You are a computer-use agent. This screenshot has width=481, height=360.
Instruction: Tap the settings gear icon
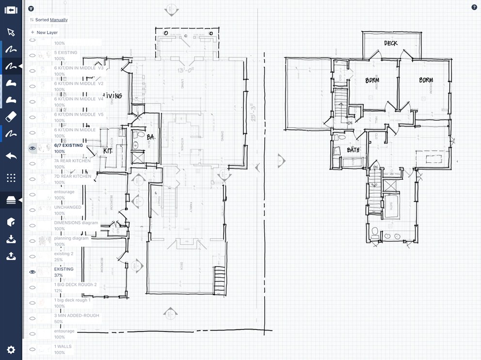coord(11,349)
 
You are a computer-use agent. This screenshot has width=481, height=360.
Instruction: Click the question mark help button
coord(474,8)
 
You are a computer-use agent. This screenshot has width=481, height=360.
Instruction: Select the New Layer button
coord(45,32)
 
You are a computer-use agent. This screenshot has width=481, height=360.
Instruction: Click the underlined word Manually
coord(59,20)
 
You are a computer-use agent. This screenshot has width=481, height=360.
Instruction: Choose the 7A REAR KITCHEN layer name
coord(72,160)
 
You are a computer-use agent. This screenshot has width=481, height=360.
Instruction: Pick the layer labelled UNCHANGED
coord(67,207)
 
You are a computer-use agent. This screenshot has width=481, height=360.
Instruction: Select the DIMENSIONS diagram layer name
coord(76,223)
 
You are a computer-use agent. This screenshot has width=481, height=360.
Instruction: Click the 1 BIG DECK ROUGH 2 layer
coord(75,284)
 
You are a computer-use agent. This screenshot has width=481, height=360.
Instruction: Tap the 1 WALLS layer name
coord(63,346)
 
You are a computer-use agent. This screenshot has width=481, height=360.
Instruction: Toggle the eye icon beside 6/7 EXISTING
coord(32,148)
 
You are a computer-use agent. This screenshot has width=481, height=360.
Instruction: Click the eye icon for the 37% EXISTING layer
coord(32,272)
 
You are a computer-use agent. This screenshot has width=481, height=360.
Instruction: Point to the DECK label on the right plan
coord(391,43)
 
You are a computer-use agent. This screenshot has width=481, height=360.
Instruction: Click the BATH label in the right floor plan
coord(353,150)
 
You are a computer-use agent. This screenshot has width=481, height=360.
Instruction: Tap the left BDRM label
coord(372,80)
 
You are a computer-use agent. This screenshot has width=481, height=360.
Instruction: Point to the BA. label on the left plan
coord(151,138)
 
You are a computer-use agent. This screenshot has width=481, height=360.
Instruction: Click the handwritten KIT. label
coord(108,151)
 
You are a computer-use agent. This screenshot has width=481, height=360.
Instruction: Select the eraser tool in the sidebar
coord(11,117)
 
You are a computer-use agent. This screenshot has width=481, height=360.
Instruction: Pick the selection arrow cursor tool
coord(11,32)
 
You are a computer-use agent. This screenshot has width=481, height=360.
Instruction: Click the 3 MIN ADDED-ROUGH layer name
coord(76,315)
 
